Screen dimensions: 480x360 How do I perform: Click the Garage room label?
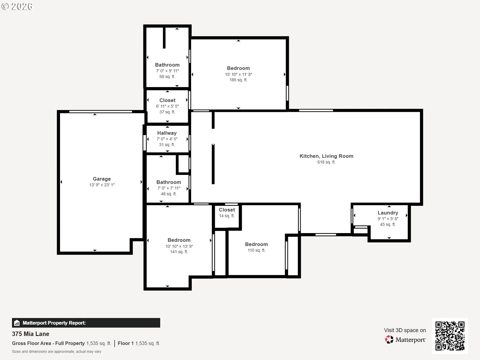click(102, 179)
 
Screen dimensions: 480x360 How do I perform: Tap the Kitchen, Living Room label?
click(326, 156)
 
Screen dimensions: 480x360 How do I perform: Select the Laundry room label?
click(388, 213)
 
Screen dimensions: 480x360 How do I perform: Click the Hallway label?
click(167, 133)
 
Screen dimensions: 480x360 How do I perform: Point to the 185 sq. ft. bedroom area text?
click(238, 80)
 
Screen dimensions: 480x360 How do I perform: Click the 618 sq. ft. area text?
click(326, 162)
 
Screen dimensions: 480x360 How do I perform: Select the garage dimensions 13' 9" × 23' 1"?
click(102, 185)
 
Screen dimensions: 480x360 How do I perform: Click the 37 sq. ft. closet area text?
click(167, 112)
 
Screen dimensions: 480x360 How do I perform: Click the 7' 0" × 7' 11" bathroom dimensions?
click(169, 188)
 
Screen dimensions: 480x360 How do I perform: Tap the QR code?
click(450, 336)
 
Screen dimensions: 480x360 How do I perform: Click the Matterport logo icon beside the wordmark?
click(389, 340)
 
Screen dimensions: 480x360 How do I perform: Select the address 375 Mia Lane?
click(31, 334)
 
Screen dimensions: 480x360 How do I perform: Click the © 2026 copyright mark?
click(17, 6)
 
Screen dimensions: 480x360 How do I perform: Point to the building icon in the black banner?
click(17, 323)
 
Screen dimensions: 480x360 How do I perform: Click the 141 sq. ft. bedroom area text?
click(179, 252)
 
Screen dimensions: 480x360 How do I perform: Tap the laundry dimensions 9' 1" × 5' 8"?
click(388, 219)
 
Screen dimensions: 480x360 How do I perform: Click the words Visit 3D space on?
click(405, 330)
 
